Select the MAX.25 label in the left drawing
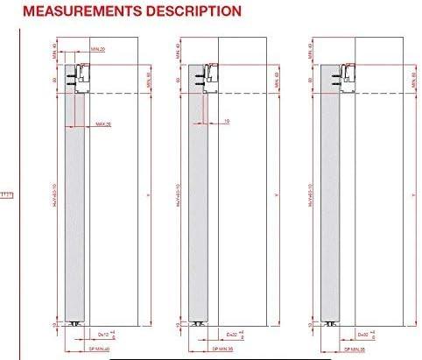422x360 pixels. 103,124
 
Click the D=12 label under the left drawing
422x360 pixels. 103,334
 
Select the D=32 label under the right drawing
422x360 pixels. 362,334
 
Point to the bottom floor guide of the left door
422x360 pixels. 78,324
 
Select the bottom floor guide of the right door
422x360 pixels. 334,324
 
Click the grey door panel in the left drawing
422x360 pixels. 77,210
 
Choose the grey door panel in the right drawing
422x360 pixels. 331,210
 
